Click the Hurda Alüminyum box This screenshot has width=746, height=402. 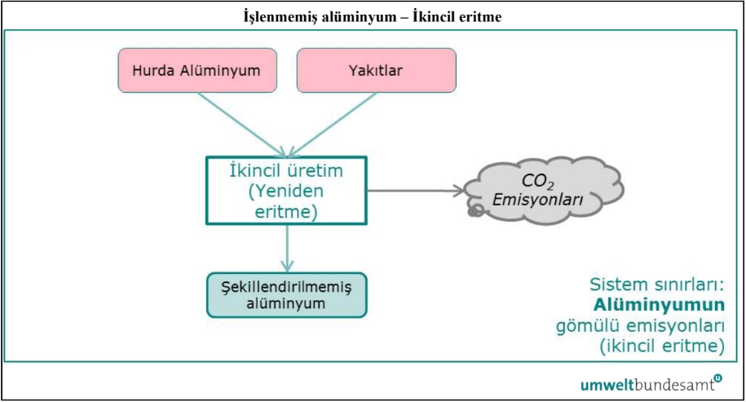pyautogui.click(x=195, y=70)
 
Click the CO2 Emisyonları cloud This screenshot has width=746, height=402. pyautogui.click(x=544, y=189)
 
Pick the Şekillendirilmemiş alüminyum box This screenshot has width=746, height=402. pyautogui.click(x=285, y=294)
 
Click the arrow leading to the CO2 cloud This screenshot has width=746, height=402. pyautogui.click(x=415, y=192)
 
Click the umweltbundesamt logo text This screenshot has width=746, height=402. pyautogui.click(x=645, y=383)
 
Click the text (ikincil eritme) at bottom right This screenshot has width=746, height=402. pyautogui.click(x=661, y=347)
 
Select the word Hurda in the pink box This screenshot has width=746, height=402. pyautogui.click(x=157, y=70)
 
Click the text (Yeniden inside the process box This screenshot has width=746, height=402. pyautogui.click(x=285, y=192)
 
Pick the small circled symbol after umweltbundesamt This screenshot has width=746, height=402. pyautogui.click(x=717, y=378)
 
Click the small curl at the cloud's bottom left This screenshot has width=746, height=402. pyautogui.click(x=474, y=212)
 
